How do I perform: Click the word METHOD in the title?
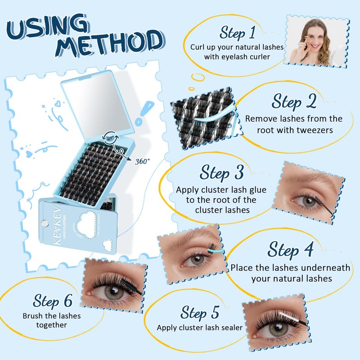pyautogui.click(x=110, y=44)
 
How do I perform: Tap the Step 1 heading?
pyautogui.click(x=238, y=33)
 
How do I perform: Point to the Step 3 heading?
pyautogui.click(x=221, y=172)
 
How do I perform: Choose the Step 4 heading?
pyautogui.click(x=290, y=250)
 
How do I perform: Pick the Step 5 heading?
pyautogui.click(x=200, y=313)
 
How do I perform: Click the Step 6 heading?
pyautogui.click(x=53, y=301)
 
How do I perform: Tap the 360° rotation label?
pyautogui.click(x=142, y=162)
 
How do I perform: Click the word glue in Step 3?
pyautogui.click(x=256, y=190)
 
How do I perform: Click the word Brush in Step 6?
pyautogui.click(x=33, y=316)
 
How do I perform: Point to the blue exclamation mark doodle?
pyautogui.click(x=144, y=113)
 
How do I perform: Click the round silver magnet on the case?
pyautogui.click(x=45, y=223)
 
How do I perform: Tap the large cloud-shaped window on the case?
pyautogui.click(x=86, y=222)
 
